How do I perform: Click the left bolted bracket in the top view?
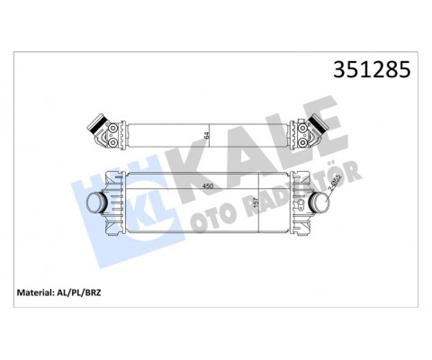tap(112, 134)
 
